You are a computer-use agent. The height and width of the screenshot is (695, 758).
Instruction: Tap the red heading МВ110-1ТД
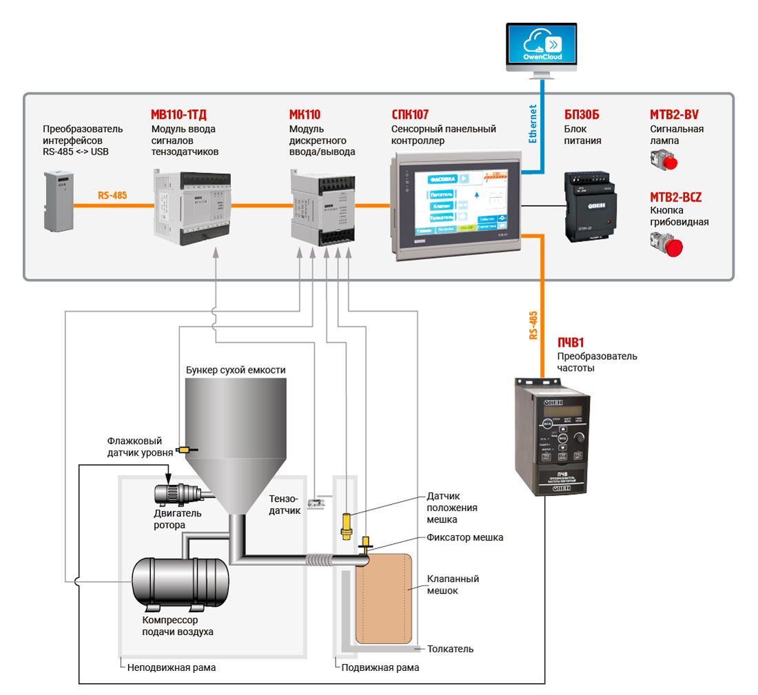[178, 114]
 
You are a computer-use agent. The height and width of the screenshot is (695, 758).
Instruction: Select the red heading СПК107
[410, 114]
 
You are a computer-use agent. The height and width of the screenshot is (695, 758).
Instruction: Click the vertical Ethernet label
[532, 124]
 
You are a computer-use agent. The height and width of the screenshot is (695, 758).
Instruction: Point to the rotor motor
[176, 494]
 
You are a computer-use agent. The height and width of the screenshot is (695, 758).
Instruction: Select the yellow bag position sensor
[347, 525]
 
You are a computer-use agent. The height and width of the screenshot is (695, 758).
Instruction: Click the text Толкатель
[450, 649]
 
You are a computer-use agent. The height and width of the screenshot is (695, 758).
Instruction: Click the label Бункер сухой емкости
[236, 370]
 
